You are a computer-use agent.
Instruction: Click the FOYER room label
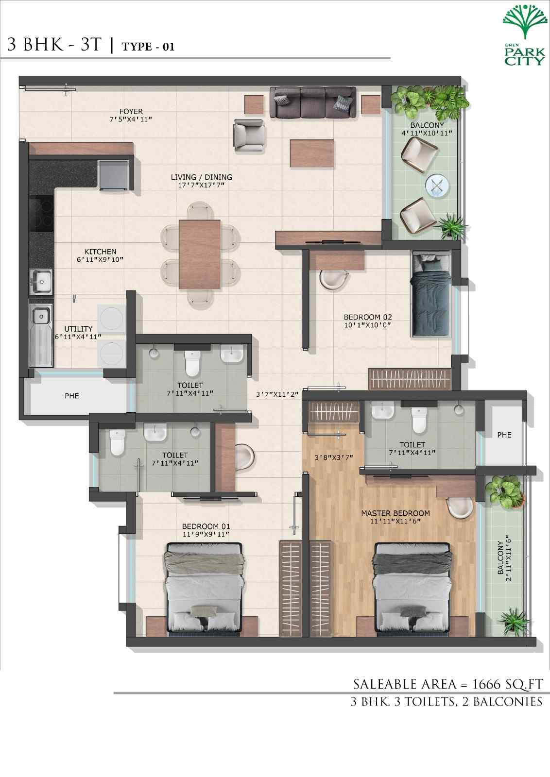(x=131, y=111)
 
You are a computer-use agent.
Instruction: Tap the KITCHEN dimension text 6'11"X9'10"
(x=101, y=260)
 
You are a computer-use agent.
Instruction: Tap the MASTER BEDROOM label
(x=395, y=513)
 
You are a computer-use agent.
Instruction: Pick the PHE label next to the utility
(x=71, y=396)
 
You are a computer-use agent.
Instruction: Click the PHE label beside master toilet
(x=504, y=435)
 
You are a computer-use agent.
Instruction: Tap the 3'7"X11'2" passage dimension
(x=277, y=394)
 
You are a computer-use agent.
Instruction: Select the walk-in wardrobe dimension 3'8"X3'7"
(x=334, y=457)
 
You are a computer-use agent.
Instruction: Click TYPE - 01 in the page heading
(x=148, y=47)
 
